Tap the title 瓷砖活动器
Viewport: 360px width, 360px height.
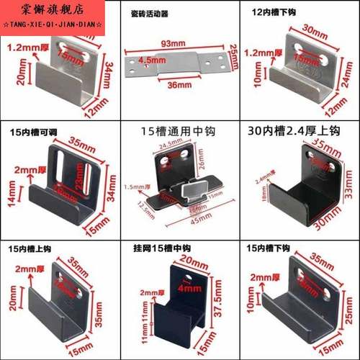150,14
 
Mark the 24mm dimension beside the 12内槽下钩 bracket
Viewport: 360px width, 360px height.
348,72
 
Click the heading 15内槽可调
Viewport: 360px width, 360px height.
35,132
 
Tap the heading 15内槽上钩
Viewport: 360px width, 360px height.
35,248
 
